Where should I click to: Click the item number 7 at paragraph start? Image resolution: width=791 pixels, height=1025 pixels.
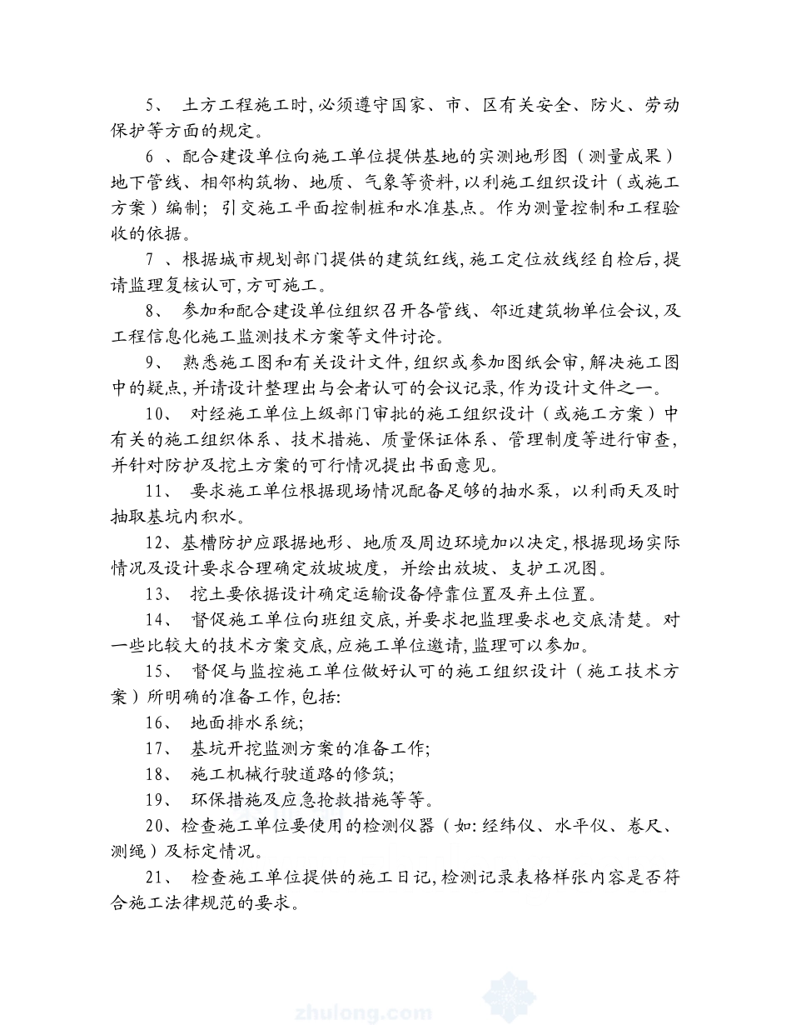[x=151, y=260]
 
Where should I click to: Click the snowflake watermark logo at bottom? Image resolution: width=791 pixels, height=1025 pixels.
[x=510, y=997]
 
